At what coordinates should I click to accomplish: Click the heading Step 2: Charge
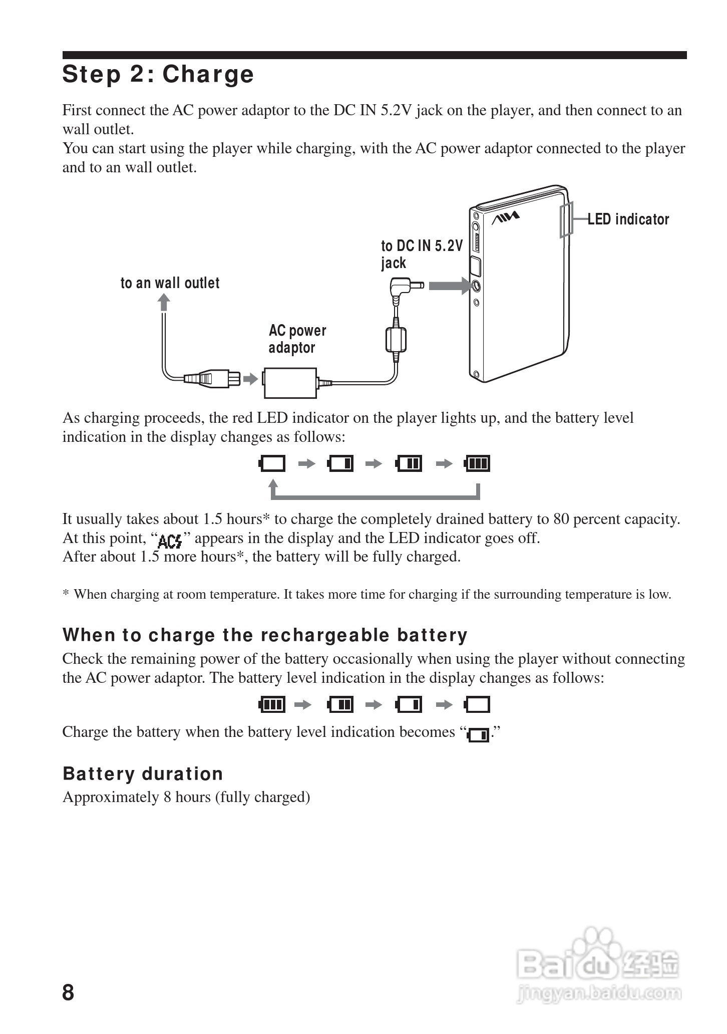(158, 74)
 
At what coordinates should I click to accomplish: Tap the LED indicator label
(628, 219)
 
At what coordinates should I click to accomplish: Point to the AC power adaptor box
(290, 383)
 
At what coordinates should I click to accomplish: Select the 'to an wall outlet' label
(170, 283)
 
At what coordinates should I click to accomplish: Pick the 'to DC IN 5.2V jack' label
(422, 254)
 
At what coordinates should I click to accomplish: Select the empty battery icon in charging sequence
(272, 463)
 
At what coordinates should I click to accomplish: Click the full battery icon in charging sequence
(477, 463)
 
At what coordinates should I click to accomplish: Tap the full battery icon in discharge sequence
(272, 705)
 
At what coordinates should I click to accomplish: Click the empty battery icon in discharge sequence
(477, 705)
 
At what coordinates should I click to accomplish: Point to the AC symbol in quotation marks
(170, 541)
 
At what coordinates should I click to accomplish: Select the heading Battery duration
(143, 774)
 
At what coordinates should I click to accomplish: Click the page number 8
(68, 992)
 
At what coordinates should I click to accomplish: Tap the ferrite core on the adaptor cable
(396, 340)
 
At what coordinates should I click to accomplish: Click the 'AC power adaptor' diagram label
(297, 339)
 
